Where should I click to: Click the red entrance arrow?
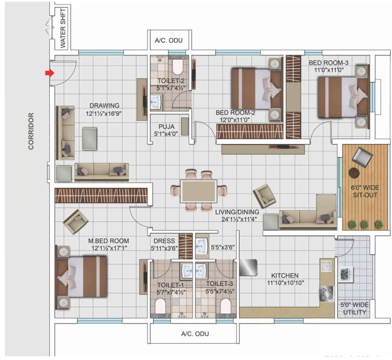pyautogui.click(x=49, y=73)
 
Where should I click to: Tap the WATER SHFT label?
pyautogui.click(x=63, y=28)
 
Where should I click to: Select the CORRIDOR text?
pyautogui.click(x=31, y=131)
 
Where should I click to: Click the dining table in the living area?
pyautogui.click(x=199, y=191)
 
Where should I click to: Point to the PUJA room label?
pyautogui.click(x=166, y=127)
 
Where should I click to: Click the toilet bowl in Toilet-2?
pyautogui.click(x=178, y=67)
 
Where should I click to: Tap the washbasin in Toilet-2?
pyautogui.click(x=157, y=102)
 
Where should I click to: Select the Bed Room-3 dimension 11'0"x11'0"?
pyautogui.click(x=329, y=70)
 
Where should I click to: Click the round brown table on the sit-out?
pyautogui.click(x=354, y=173)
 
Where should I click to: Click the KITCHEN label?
pyautogui.click(x=285, y=275)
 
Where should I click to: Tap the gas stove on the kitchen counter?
pyautogui.click(x=327, y=294)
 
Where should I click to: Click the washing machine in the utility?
pyautogui.click(x=346, y=275)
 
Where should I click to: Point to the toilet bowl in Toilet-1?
pyautogui.click(x=160, y=306)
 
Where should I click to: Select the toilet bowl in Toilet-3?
pyautogui.click(x=226, y=306)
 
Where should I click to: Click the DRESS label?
pyautogui.click(x=164, y=241)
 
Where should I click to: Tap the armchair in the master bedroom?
pyautogui.click(x=76, y=221)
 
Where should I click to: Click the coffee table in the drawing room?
pyautogui.click(x=90, y=139)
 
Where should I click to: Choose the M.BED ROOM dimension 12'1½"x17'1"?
pyautogui.click(x=110, y=248)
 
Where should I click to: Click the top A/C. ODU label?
pyautogui.click(x=169, y=40)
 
